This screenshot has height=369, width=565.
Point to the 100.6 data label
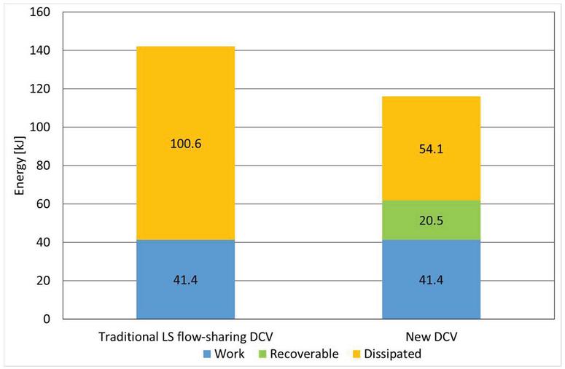[x=185, y=144]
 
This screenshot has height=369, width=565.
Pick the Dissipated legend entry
[x=386, y=354]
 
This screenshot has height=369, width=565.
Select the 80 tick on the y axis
[x=47, y=166]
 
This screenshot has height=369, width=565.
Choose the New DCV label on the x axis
[x=431, y=337]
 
